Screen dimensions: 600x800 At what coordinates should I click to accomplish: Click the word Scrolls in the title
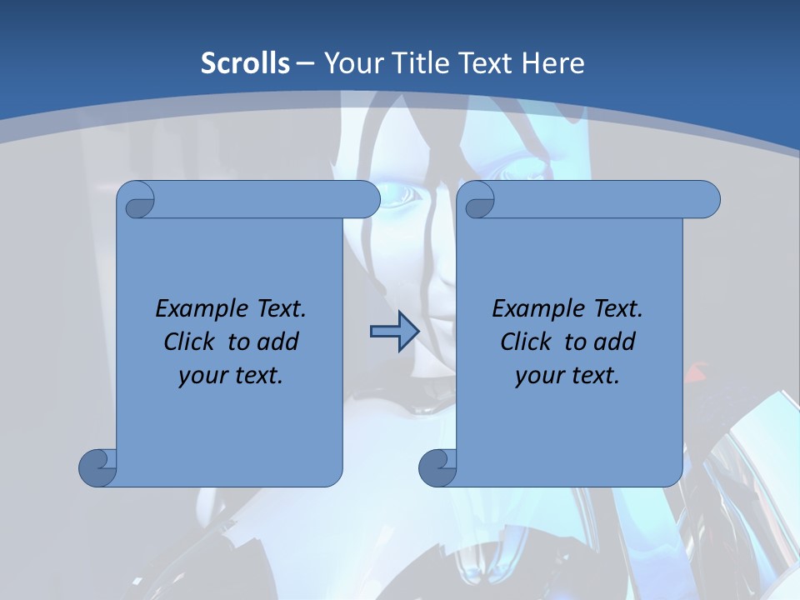coord(245,62)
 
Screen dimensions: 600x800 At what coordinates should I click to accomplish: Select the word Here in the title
coord(552,62)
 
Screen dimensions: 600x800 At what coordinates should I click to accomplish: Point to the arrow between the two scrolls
coord(394,332)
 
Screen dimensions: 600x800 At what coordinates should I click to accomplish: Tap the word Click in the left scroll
coord(192,342)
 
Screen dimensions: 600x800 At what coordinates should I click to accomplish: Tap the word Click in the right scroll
coord(529,342)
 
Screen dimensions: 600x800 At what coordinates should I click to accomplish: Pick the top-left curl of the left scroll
coord(137,200)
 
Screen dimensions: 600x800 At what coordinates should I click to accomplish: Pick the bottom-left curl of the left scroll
coord(98,467)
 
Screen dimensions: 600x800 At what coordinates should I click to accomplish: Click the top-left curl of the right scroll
coord(477,200)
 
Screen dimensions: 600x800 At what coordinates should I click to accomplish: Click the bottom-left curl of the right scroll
coord(438,467)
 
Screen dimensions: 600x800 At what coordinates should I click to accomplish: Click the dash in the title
coord(305,62)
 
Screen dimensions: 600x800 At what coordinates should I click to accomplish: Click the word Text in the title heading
coord(486,62)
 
